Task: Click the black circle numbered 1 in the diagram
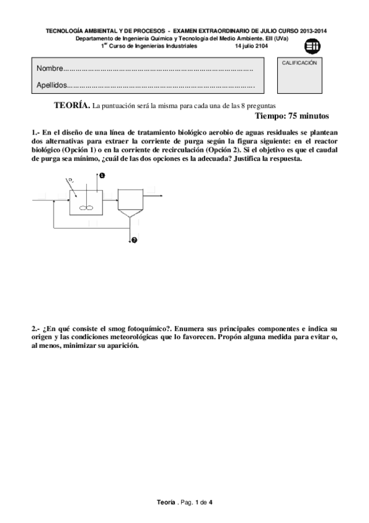click(102, 175)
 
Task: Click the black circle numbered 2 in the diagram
click(134, 240)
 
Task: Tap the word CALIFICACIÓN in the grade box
click(299, 63)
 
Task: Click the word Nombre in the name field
click(49, 67)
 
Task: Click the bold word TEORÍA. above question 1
click(72, 105)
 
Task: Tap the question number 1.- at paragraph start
click(36, 133)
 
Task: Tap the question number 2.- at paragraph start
click(36, 329)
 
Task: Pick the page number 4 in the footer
click(210, 503)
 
